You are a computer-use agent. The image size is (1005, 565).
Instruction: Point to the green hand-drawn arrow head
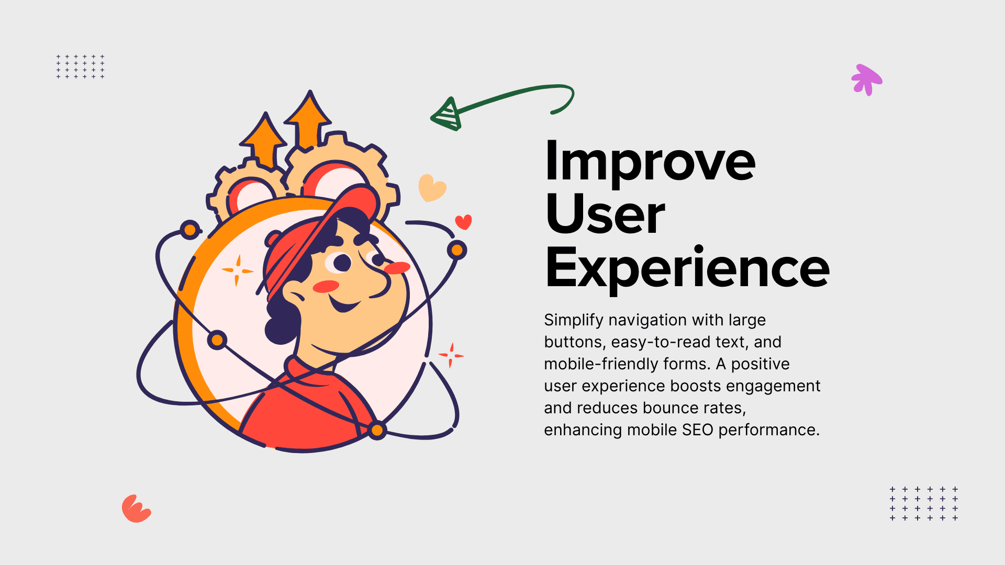(x=446, y=114)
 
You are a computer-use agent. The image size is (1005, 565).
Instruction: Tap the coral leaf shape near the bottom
(x=136, y=508)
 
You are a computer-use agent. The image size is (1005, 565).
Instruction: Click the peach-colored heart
(x=432, y=188)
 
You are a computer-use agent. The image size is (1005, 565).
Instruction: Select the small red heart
(x=463, y=222)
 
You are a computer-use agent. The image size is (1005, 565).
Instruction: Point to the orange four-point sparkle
(x=238, y=270)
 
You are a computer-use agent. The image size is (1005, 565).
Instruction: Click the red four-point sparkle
(x=451, y=356)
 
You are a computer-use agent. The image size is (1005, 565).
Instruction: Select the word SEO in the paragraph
(x=698, y=430)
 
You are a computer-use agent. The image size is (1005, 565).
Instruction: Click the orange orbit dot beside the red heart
(x=457, y=250)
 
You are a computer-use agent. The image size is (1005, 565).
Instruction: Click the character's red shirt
(x=306, y=413)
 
